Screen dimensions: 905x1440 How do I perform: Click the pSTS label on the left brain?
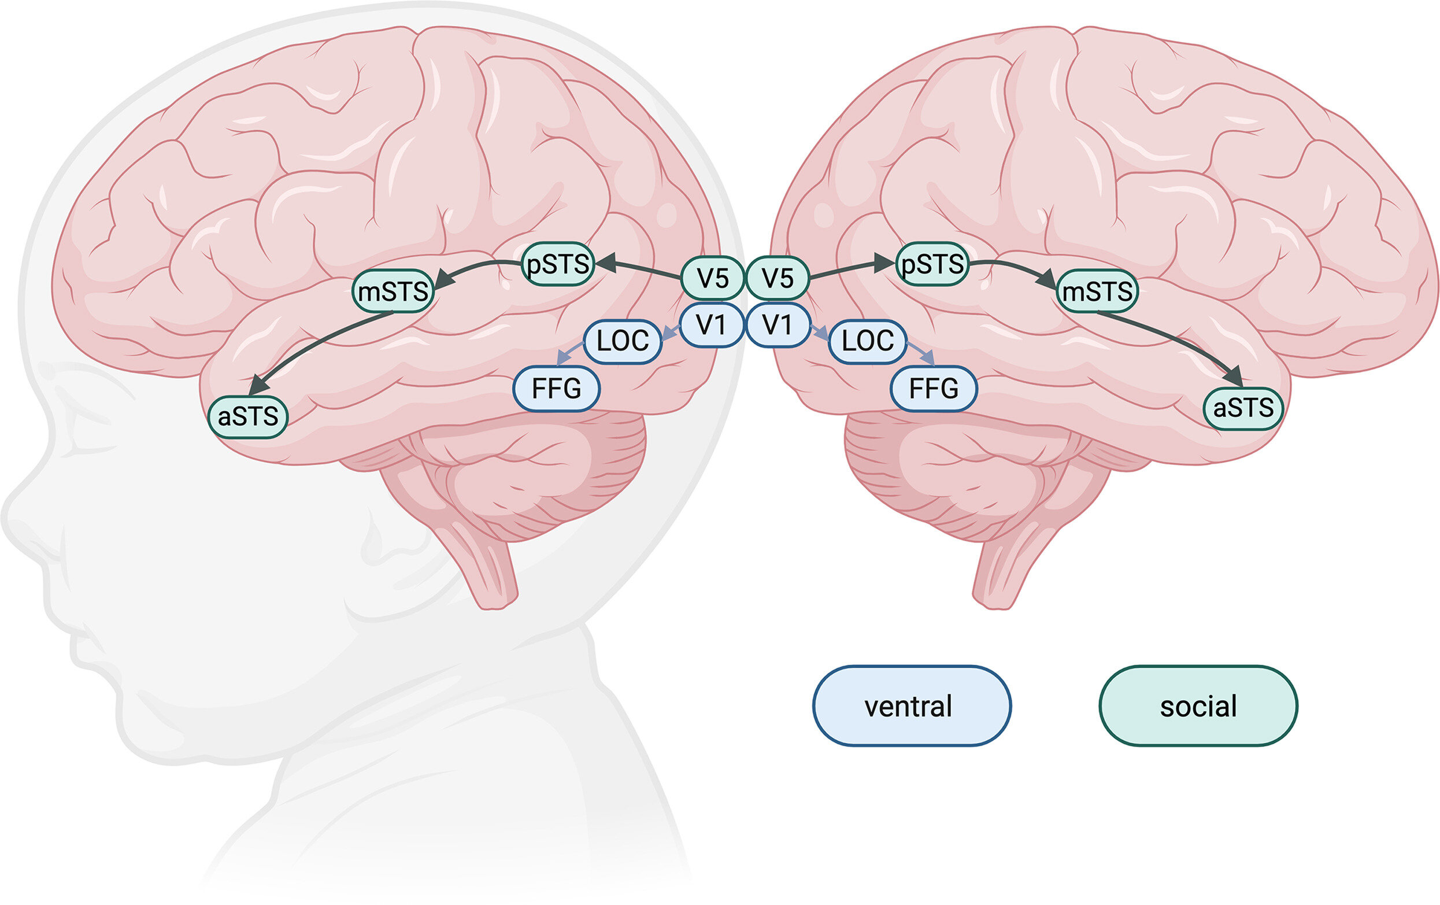557,264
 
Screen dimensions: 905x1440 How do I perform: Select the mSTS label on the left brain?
393,291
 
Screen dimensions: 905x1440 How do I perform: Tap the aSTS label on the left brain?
247,416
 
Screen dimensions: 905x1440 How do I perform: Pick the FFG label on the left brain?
556,389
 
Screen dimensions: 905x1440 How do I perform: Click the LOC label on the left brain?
623,342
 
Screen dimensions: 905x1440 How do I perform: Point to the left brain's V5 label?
712,278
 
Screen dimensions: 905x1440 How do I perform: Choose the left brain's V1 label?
712,326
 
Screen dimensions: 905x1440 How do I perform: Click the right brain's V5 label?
778,278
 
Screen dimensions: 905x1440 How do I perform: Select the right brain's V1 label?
778,326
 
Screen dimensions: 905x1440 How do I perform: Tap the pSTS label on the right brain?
932,264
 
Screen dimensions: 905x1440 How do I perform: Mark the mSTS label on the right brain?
1097,291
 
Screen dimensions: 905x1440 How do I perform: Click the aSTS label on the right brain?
1243,408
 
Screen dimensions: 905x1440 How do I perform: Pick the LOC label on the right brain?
868,342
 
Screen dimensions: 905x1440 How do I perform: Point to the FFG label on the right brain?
934,389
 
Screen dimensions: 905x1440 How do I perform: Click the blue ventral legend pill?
912,706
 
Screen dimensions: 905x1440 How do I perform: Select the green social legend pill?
1198,706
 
